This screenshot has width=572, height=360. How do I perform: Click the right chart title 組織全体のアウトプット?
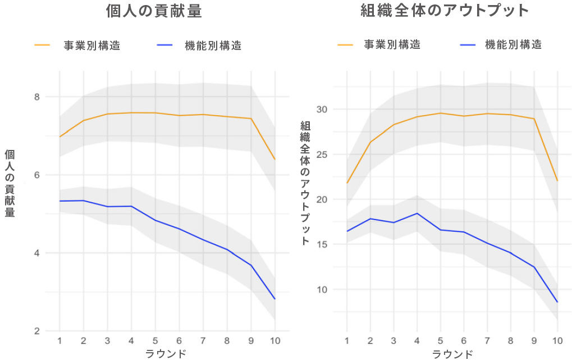[445, 11]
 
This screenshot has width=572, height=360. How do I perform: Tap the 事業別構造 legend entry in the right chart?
[392, 44]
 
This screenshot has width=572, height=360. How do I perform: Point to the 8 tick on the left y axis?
[37, 97]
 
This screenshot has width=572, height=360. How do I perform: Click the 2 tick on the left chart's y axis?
[37, 331]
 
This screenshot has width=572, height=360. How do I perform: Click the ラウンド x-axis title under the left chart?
[166, 354]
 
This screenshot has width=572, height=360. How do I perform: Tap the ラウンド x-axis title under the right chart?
[452, 354]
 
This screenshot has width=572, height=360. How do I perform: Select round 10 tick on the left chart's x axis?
[275, 341]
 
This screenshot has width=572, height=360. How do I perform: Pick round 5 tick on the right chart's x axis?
[441, 341]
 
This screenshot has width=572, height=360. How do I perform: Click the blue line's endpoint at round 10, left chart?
[275, 299]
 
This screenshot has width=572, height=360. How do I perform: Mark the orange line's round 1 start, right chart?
[347, 183]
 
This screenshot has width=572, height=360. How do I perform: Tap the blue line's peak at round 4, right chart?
[417, 213]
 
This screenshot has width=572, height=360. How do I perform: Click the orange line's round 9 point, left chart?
[251, 119]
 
